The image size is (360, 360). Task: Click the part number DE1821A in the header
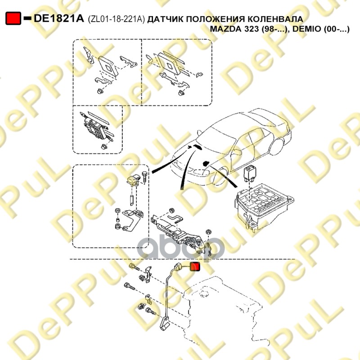pos(59,18)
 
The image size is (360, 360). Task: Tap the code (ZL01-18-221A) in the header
pos(117,19)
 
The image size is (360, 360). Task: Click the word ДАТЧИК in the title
pos(165,19)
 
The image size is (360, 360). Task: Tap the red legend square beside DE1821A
pos(13,18)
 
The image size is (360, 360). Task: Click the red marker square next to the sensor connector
pos(195,266)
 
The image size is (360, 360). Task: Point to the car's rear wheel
pos(277,146)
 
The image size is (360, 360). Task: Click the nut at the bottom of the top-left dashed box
pos(100,91)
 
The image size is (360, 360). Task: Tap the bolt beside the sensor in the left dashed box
pos(144,176)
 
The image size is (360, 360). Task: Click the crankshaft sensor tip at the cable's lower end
pos(165,323)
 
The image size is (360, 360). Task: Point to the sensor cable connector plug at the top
pos(178,268)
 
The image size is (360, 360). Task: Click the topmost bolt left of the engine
pos(134,267)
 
